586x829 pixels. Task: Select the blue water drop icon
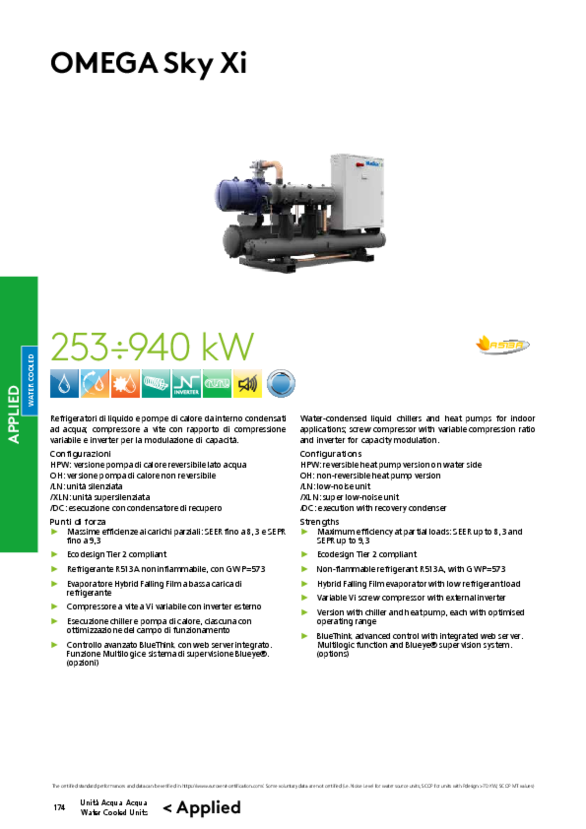pos(64,383)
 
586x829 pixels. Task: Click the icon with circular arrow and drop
pos(94,383)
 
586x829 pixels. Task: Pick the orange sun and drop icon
pos(125,383)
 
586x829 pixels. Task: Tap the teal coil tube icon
pos(156,383)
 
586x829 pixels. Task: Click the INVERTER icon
pos(186,383)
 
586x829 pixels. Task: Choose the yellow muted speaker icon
pos(248,383)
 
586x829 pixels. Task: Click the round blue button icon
pos(281,383)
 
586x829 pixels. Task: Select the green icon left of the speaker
pos(217,383)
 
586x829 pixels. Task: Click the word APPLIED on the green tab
pos(14,414)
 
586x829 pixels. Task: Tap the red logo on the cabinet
pos(360,165)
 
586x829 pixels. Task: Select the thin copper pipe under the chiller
pos(322,258)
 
